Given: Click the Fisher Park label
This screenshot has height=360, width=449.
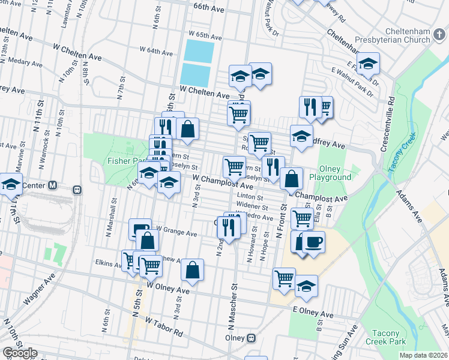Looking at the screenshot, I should [124, 161].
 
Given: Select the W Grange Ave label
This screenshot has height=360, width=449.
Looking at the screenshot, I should [176, 231].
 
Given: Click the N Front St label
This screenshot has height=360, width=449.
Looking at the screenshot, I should [280, 220].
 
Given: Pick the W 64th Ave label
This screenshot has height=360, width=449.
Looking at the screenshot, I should [155, 50].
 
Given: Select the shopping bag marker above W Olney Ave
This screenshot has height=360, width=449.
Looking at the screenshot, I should [192, 271].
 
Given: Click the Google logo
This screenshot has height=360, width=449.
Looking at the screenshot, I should [20, 353].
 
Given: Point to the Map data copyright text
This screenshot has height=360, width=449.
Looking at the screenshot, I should [424, 355].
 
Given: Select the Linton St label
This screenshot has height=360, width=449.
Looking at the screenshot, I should [250, 196].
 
